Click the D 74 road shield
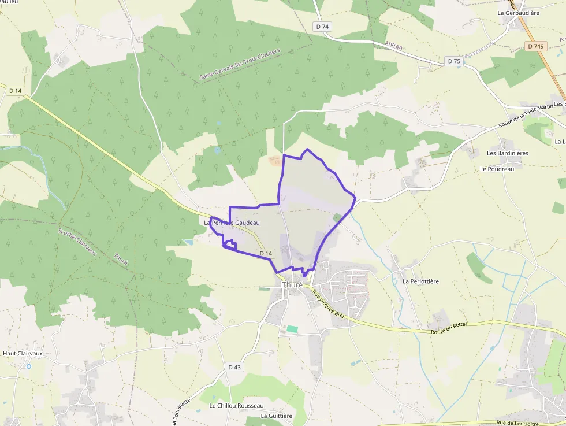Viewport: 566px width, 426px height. (x=322, y=27)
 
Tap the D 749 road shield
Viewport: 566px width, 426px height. (x=536, y=46)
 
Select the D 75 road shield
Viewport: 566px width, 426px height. (x=454, y=61)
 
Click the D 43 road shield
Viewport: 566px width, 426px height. (x=234, y=367)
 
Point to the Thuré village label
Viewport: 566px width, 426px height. (x=292, y=285)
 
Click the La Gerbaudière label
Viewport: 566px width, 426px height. (x=517, y=12)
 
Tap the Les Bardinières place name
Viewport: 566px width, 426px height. (x=508, y=153)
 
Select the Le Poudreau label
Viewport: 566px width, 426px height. (x=496, y=169)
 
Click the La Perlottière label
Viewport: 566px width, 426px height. (x=420, y=281)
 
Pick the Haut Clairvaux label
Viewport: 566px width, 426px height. (x=23, y=353)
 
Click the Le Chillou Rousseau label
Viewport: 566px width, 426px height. (x=236, y=406)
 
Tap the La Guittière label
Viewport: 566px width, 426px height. (x=277, y=416)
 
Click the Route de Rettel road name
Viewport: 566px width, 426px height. (x=448, y=328)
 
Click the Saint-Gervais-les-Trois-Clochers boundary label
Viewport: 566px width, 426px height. (x=239, y=64)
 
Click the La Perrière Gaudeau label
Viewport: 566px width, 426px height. (x=232, y=223)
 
